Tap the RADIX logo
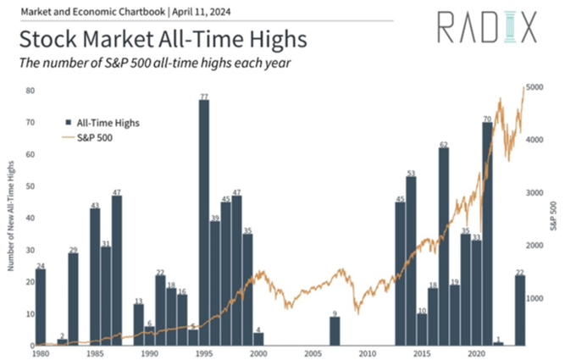click(486, 27)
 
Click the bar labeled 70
click(487, 234)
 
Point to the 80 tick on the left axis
click(30, 90)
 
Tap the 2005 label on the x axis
click(313, 352)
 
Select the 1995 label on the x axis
click(204, 352)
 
